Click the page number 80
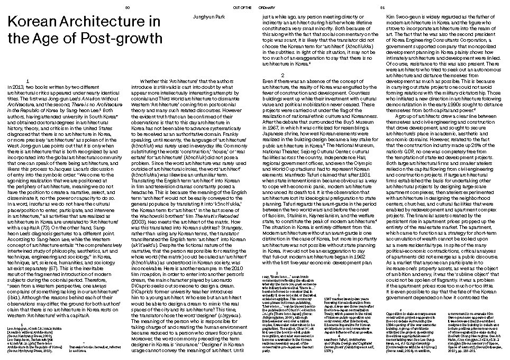coord(126,7)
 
